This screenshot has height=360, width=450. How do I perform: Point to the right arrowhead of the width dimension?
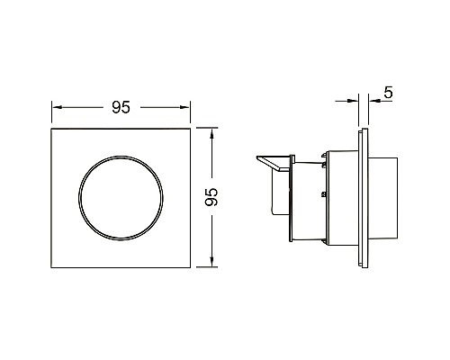click(x=187, y=108)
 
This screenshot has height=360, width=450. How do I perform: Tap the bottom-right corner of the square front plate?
click(x=192, y=266)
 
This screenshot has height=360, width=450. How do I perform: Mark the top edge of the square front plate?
click(x=121, y=130)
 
